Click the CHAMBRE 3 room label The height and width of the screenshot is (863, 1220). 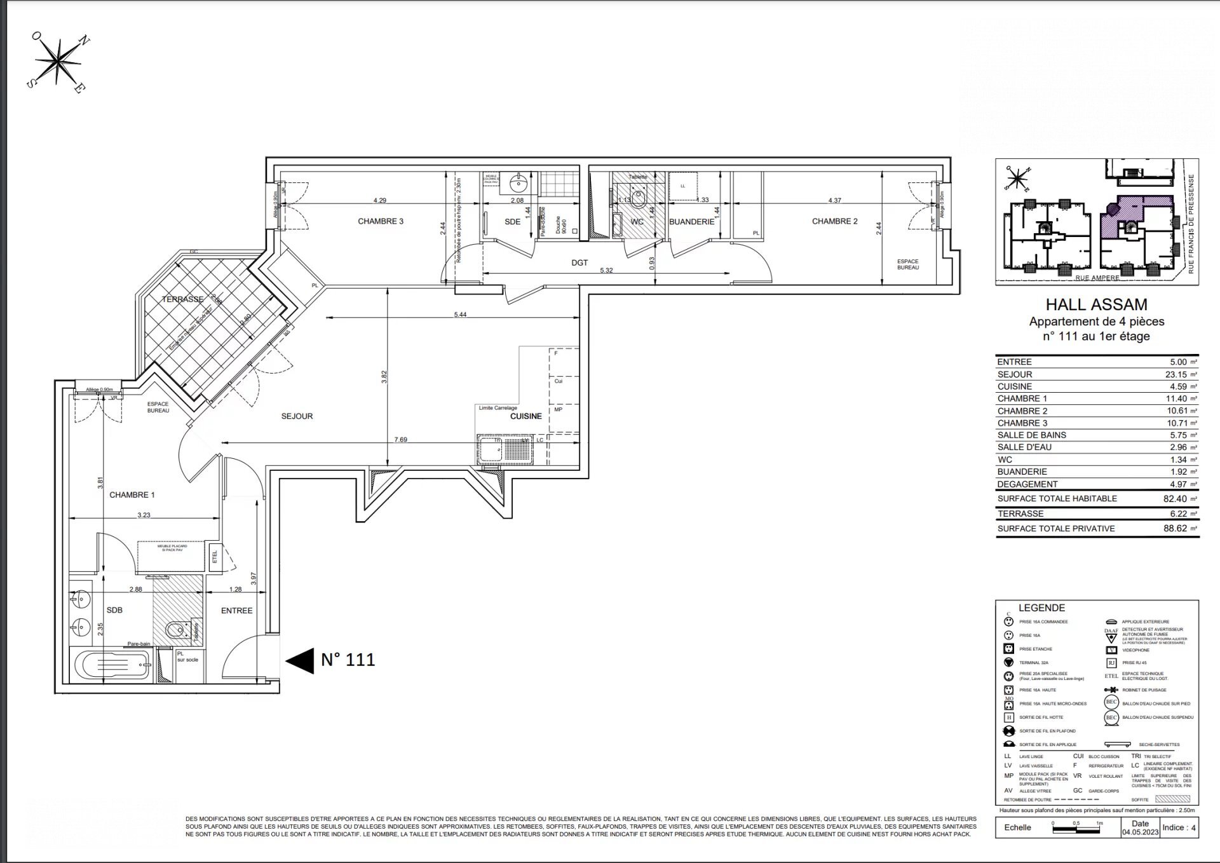(x=380, y=221)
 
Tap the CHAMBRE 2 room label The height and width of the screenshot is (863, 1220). (x=834, y=221)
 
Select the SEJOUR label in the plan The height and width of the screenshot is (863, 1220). (x=297, y=416)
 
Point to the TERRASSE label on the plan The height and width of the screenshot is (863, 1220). (x=182, y=299)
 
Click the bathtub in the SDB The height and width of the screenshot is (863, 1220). (x=113, y=665)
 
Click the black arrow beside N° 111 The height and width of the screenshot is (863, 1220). (x=300, y=660)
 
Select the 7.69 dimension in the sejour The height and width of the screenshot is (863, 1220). (x=400, y=439)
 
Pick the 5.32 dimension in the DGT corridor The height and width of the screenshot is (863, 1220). (x=606, y=270)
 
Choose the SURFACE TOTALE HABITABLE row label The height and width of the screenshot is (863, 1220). (x=1057, y=499)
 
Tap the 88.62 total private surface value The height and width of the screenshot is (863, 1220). (x=1175, y=528)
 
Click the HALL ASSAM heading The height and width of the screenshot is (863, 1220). (x=1096, y=305)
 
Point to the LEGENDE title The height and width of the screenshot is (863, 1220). (x=1041, y=608)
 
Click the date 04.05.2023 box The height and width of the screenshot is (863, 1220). (x=1140, y=827)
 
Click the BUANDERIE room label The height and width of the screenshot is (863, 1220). (x=691, y=222)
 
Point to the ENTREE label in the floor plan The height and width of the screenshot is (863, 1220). (x=236, y=611)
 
